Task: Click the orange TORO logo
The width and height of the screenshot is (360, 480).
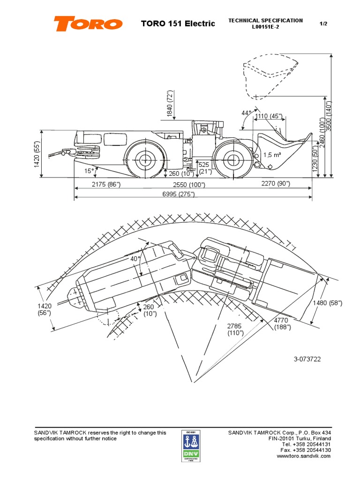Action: coord(88,23)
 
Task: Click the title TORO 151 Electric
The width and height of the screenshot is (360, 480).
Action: coord(178,23)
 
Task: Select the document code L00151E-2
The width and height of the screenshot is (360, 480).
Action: coord(265,27)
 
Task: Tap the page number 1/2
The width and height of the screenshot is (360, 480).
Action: coord(323,23)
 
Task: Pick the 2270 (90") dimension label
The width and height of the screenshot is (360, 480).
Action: coord(276,184)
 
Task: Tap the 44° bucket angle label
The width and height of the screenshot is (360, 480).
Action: coord(247,113)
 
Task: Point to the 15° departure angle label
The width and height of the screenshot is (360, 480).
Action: coord(89,171)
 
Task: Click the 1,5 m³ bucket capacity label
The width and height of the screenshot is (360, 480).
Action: coord(272,155)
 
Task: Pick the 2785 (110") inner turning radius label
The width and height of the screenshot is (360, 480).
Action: coord(236,329)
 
